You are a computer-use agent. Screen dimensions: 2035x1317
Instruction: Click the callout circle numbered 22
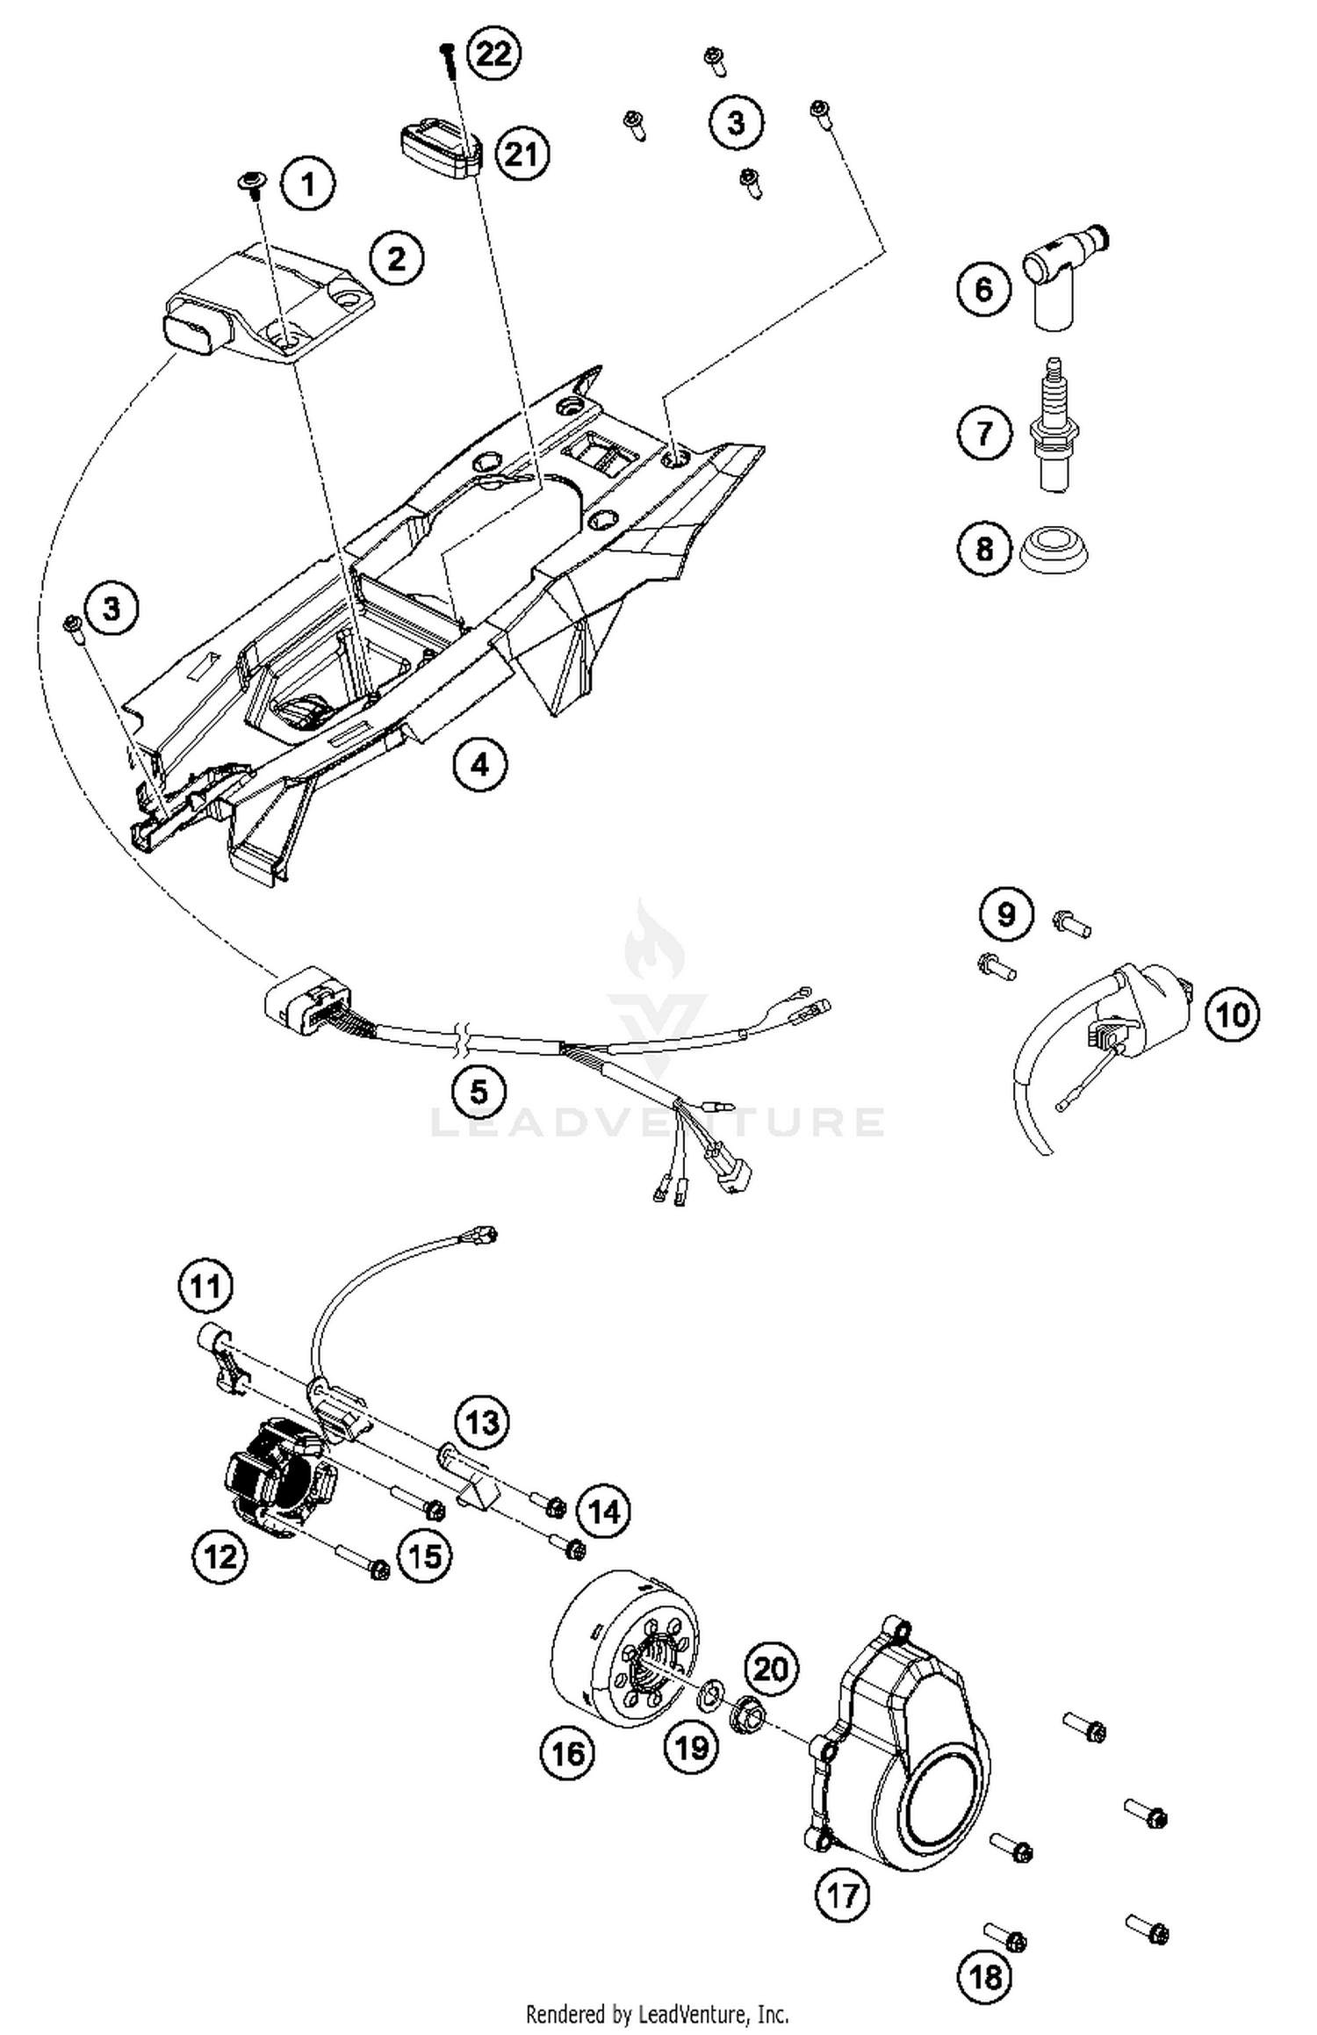(493, 54)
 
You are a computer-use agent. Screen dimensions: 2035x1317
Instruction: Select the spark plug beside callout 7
(1053, 426)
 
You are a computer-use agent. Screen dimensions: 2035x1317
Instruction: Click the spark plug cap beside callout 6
(1061, 277)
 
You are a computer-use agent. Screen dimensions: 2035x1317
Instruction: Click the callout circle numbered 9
(1006, 915)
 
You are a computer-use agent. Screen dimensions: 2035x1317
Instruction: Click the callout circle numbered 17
(843, 1895)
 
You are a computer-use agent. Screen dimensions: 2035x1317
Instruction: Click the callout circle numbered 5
(479, 1092)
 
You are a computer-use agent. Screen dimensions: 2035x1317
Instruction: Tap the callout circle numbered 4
(479, 764)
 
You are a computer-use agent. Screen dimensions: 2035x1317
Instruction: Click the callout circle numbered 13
(483, 1422)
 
